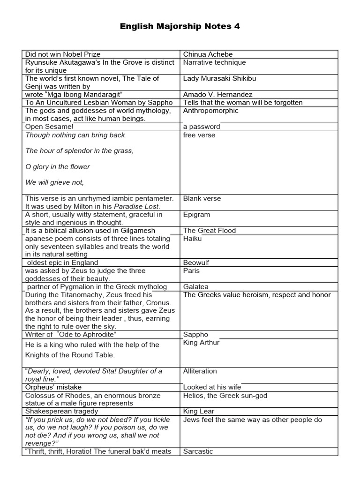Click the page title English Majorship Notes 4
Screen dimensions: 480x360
(180, 27)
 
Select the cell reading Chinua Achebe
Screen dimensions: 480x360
(208, 54)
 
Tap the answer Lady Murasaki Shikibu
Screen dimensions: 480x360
(219, 79)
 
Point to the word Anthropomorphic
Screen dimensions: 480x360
(210, 111)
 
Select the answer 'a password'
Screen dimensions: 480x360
(202, 127)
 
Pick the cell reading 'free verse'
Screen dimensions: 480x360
(199, 135)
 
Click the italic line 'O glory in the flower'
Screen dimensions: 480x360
(57, 166)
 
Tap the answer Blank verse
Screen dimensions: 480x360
(202, 198)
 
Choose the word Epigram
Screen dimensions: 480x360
(196, 215)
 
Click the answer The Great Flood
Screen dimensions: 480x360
(210, 231)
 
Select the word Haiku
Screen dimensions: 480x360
(192, 239)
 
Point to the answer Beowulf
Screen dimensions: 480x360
(196, 262)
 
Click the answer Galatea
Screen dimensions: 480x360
(195, 286)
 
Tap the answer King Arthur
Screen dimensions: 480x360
(201, 343)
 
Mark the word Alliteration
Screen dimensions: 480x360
(200, 371)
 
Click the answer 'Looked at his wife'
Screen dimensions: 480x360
(212, 387)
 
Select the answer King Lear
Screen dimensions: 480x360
(199, 411)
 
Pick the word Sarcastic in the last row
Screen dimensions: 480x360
(198, 451)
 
